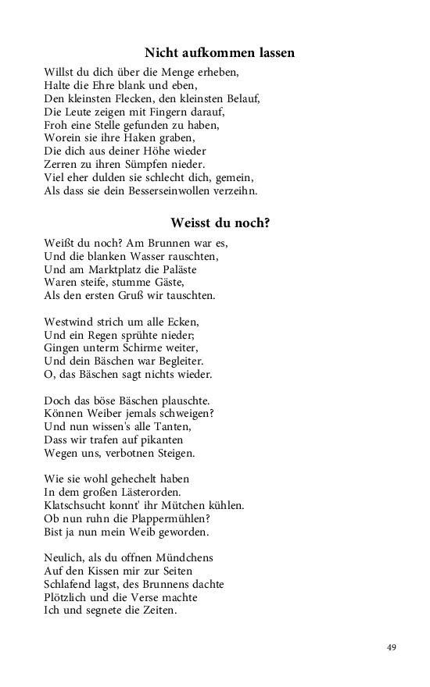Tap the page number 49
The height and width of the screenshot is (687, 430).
click(x=392, y=647)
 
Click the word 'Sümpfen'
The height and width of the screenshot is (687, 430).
click(x=157, y=164)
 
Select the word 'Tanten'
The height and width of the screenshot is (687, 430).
click(x=171, y=427)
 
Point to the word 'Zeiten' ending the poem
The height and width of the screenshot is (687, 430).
click(x=157, y=611)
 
